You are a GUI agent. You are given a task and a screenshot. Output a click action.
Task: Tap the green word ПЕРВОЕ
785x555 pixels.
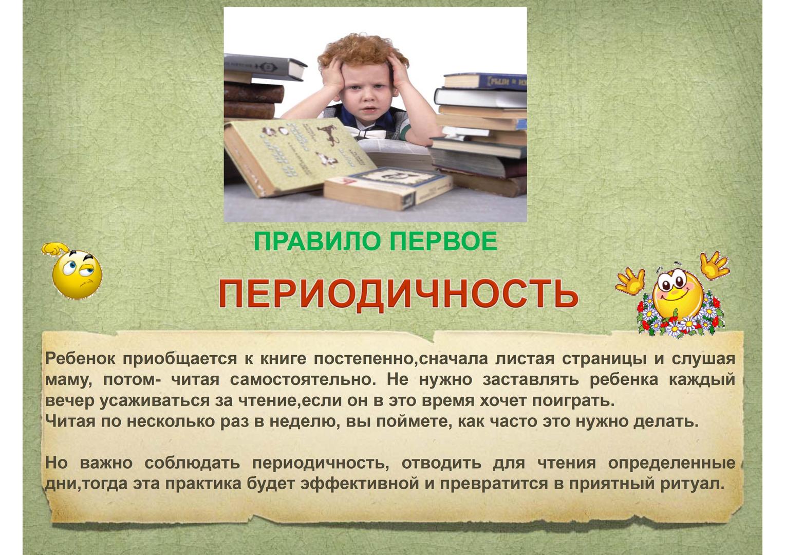click(x=444, y=241)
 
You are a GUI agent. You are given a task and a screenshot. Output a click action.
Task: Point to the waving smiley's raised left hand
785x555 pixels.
click(x=631, y=281)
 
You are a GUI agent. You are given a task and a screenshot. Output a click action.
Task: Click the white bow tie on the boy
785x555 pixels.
click(x=372, y=133)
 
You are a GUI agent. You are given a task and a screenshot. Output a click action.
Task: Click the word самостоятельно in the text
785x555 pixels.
click(x=303, y=380)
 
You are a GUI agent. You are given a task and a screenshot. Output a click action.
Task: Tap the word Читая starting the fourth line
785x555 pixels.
click(x=70, y=421)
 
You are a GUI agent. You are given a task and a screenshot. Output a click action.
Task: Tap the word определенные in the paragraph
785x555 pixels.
click(x=671, y=464)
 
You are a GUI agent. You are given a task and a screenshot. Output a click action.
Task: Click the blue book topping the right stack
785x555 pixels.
click(x=485, y=82)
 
